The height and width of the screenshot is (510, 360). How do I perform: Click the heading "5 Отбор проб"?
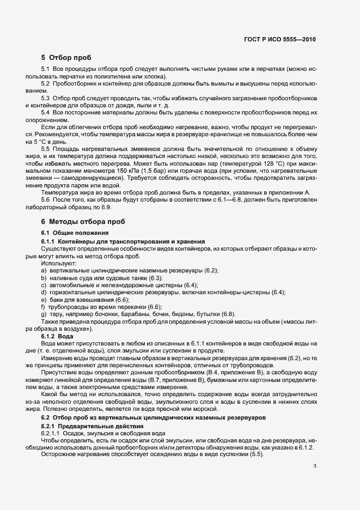click(66, 58)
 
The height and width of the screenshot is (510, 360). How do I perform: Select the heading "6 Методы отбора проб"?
click(83, 221)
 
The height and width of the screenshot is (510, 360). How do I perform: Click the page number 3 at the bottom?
click(315, 466)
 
